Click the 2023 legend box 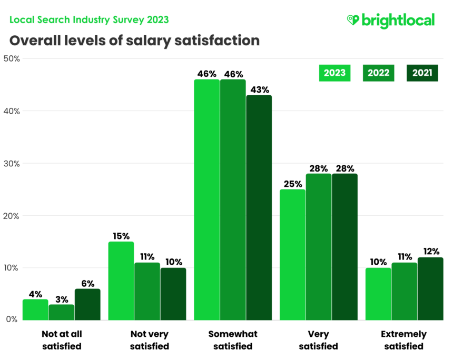click(334, 73)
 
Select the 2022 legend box click(379, 73)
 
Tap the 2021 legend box click(422, 73)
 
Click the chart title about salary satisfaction click(134, 41)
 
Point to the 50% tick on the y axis click(12, 58)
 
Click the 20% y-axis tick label click(12, 216)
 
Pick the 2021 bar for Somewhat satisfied click(259, 207)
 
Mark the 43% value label click(259, 89)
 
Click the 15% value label click(121, 236)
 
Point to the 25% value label click(292, 184)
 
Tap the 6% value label click(87, 283)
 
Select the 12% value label click(430, 252)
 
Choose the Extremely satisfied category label click(403, 340)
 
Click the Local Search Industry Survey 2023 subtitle click(89, 19)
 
